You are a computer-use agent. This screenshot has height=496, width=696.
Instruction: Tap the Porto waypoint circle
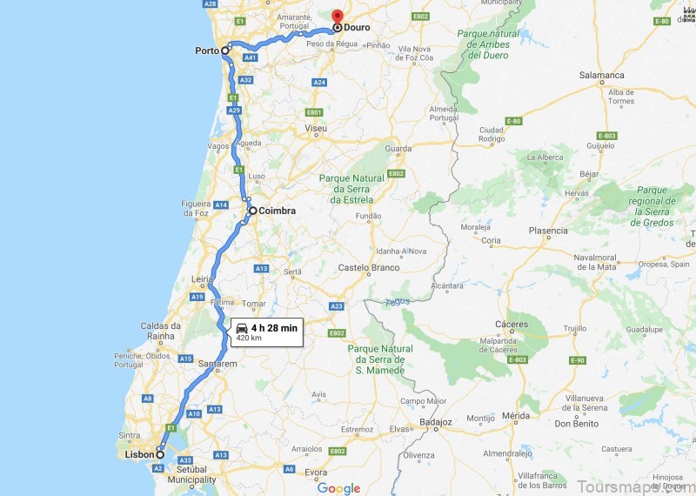[x=225, y=50]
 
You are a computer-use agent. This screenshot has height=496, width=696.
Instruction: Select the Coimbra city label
[x=278, y=211]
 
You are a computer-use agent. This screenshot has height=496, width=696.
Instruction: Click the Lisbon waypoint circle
[x=160, y=454]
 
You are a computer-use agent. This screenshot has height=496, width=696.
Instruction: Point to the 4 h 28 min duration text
[x=274, y=327]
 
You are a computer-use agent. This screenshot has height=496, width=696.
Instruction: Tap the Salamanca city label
[x=602, y=76]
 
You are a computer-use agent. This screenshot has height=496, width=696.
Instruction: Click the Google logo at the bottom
[x=338, y=488]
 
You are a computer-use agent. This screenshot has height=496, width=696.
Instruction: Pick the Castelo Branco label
[x=368, y=267]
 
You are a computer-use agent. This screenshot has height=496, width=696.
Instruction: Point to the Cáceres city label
[x=512, y=325]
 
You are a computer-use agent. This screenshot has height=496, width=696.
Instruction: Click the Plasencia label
[x=548, y=231]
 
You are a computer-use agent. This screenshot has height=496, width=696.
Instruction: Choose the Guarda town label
[x=398, y=149]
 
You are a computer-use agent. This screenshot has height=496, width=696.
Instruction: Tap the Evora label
[x=316, y=473]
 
